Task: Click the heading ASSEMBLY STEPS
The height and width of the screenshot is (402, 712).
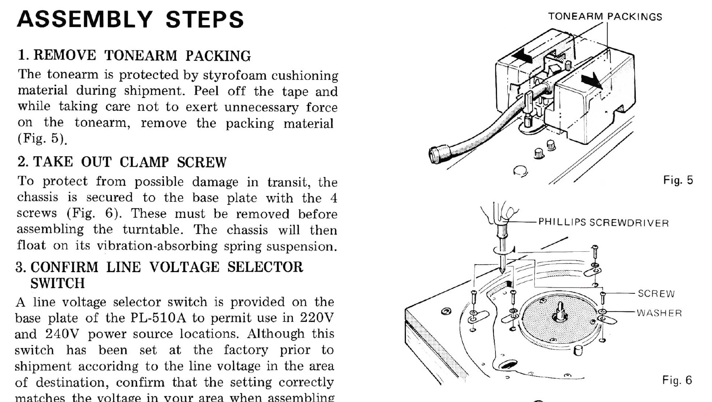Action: [x=130, y=19]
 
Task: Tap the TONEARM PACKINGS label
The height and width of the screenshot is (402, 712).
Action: [x=605, y=17]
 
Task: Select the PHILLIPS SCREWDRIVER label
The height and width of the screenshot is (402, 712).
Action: [x=603, y=222]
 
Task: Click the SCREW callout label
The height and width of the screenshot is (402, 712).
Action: [x=656, y=294]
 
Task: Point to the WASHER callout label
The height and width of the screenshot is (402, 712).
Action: [x=659, y=313]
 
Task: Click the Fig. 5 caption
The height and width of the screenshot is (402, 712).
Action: [x=678, y=180]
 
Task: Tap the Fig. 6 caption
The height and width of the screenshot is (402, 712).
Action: [x=677, y=380]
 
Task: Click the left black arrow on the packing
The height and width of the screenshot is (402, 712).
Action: [x=521, y=56]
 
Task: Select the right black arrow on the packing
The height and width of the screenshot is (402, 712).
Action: [x=591, y=81]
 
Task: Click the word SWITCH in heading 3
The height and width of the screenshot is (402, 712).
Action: [x=57, y=283]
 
